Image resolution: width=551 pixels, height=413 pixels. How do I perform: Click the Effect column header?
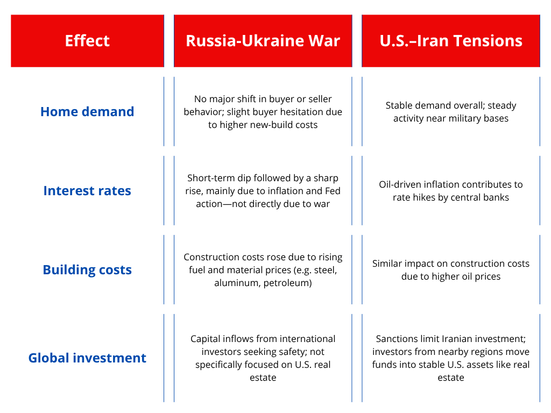coord(87,41)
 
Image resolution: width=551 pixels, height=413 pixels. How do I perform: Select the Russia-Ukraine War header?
coord(263,41)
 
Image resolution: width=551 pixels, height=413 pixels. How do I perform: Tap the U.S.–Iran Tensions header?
coord(451,41)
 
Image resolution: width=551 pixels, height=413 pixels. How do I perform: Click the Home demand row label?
coord(87,112)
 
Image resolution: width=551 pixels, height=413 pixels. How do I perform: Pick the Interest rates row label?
coord(87,191)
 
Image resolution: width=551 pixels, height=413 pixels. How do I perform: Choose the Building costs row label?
coord(87,270)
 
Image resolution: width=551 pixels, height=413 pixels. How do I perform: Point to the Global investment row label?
coord(87,358)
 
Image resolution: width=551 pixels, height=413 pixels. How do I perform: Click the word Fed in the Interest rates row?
coord(333,191)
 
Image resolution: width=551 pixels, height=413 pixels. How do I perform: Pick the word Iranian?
coord(456,339)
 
